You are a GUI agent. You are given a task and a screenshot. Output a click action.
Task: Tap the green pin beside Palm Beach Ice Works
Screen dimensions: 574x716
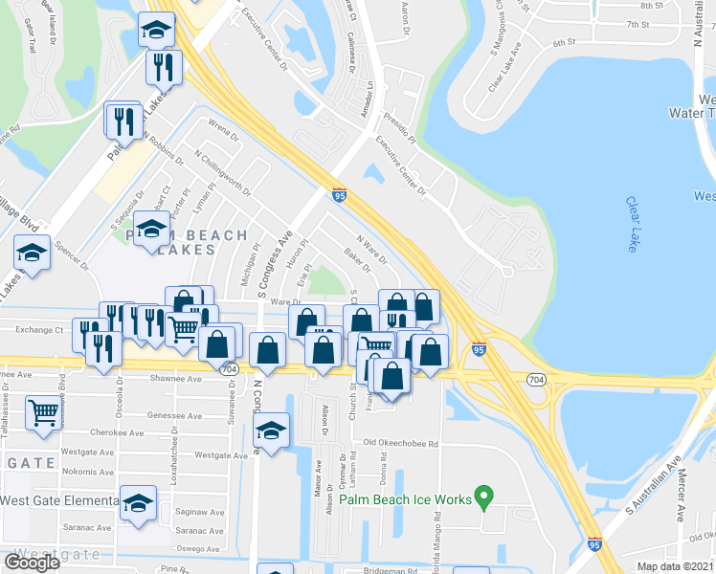click(484, 497)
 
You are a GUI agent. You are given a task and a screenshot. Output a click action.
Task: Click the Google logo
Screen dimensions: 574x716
click(32, 563)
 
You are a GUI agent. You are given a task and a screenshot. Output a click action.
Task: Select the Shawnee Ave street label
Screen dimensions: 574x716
click(176, 379)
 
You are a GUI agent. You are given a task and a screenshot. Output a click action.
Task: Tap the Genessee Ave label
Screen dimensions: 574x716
click(175, 416)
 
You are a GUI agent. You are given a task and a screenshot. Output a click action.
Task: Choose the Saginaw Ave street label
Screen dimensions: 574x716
click(199, 513)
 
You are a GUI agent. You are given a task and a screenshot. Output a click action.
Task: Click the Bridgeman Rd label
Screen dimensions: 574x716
click(390, 571)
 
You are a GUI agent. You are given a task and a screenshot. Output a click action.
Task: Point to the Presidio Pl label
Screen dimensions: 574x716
click(401, 128)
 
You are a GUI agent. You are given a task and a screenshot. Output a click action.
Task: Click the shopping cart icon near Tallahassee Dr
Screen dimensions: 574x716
click(42, 412)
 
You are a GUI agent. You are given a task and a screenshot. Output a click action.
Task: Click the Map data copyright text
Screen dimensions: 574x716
click(676, 566)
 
